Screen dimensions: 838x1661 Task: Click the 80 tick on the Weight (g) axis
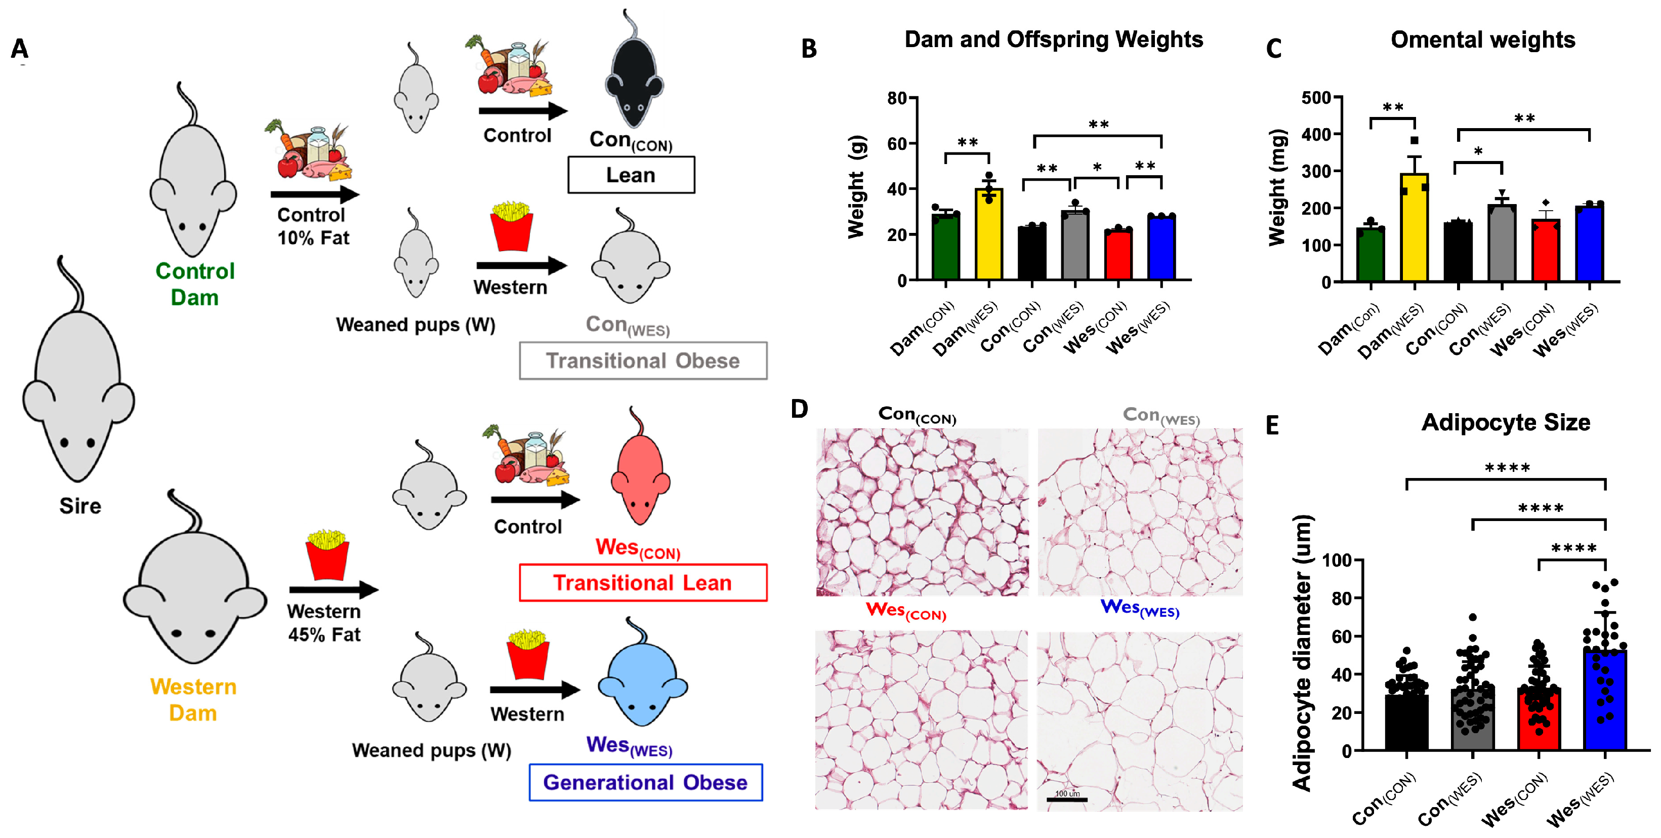point(898,99)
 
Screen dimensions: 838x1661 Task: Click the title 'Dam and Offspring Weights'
point(1054,40)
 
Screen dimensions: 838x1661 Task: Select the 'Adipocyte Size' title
point(1506,423)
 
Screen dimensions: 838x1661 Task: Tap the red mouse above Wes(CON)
point(640,474)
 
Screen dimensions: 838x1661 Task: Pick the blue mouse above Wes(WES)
point(642,681)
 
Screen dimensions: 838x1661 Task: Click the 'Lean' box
point(631,175)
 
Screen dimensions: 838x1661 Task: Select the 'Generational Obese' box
point(645,782)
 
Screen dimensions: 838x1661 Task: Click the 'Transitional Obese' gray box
point(642,361)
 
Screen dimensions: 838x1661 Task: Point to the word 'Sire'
point(80,506)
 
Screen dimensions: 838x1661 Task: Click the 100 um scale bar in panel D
point(1066,800)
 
